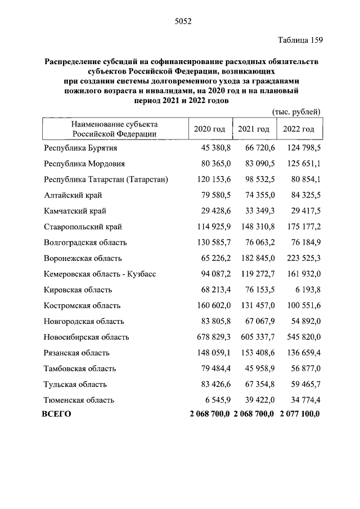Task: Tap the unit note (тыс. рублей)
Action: click(296, 112)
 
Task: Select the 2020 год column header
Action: click(209, 129)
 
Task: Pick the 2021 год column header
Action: click(254, 129)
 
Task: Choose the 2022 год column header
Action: click(298, 129)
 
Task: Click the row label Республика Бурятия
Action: click(80, 147)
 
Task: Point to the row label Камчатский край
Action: click(75, 211)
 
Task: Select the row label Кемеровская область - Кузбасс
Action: click(100, 274)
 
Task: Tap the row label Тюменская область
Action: click(79, 400)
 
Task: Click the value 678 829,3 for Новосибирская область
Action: click(212, 337)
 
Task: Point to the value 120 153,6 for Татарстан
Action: click(212, 179)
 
